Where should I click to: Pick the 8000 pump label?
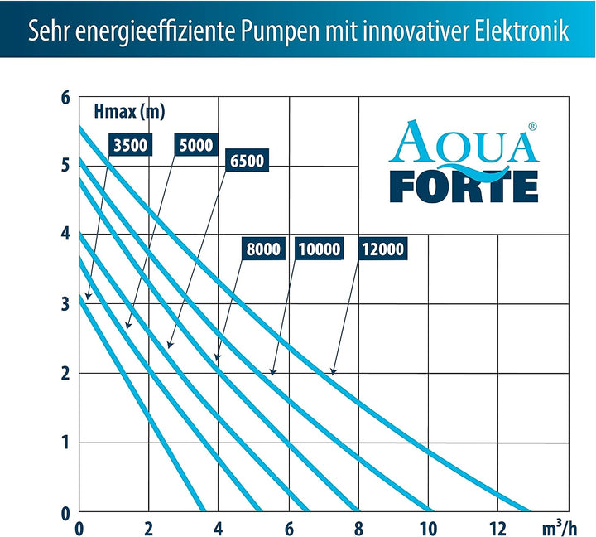[264, 249]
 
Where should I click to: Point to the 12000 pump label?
[382, 249]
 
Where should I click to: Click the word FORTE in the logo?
[464, 186]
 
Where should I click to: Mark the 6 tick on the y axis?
[65, 98]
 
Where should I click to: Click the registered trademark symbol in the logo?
[532, 127]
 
